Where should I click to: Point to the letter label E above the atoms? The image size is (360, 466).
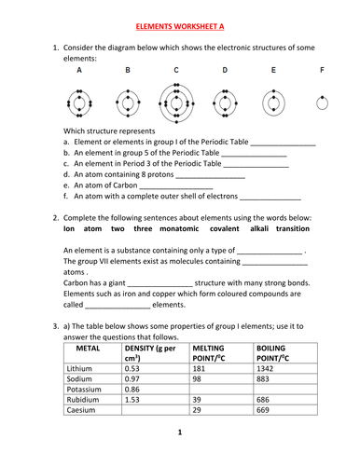point(273,71)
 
